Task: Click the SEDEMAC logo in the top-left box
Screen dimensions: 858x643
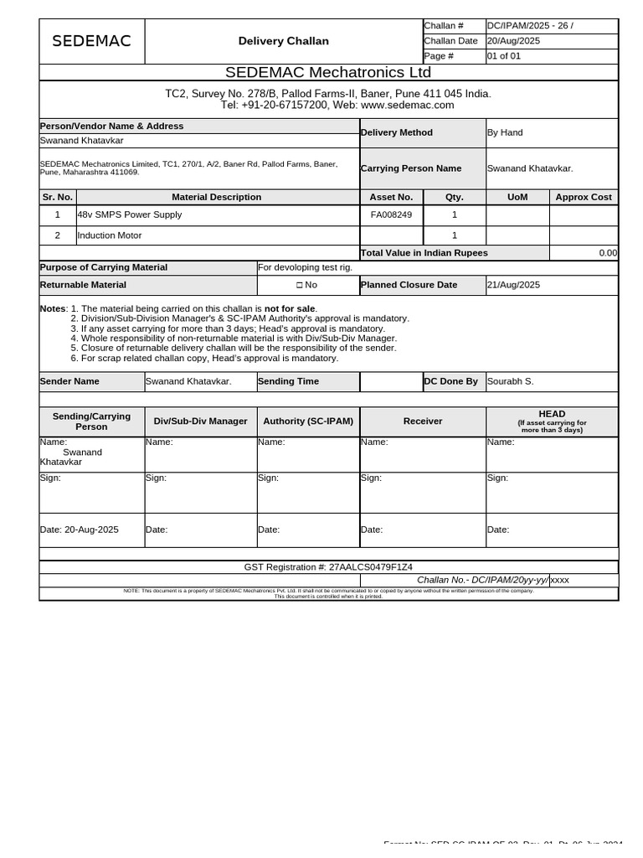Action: pos(91,41)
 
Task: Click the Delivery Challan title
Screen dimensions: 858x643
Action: pos(283,41)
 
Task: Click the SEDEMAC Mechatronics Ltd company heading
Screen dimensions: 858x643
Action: pos(328,72)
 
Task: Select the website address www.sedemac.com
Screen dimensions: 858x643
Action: pos(408,105)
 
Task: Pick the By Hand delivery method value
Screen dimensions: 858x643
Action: pos(505,132)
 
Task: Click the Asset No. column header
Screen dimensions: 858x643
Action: pos(391,197)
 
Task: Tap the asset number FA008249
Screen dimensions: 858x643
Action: pos(391,214)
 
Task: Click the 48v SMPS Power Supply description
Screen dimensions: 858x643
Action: pos(130,214)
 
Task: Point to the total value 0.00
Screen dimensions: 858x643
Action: pos(608,252)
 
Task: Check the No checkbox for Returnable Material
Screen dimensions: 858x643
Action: pos(300,285)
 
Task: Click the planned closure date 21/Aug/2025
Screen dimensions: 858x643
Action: pos(514,285)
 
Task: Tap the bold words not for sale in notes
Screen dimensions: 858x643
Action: pos(290,309)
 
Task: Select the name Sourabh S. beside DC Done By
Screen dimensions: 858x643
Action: pos(511,381)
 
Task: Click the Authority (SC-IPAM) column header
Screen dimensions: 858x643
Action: pos(308,421)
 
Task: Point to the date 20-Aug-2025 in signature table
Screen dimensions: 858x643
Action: pos(91,530)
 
